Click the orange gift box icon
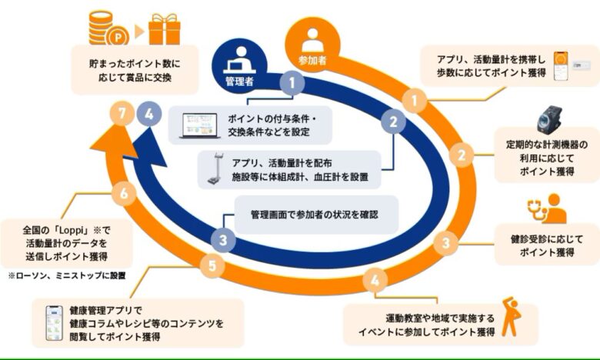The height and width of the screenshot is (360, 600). (164, 29)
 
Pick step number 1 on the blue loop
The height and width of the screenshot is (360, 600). (292, 83)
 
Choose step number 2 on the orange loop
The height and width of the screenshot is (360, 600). (462, 155)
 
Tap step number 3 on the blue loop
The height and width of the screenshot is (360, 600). (223, 240)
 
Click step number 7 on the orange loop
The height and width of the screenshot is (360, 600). (122, 114)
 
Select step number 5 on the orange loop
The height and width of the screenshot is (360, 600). (212, 265)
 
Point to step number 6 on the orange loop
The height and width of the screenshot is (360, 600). (124, 193)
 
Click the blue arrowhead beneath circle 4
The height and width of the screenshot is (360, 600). (149, 147)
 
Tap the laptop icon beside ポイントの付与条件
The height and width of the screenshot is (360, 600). (199, 126)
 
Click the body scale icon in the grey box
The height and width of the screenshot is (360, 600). (215, 168)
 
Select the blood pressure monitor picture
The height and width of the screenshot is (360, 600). (550, 118)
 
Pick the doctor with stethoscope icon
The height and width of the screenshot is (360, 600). (547, 208)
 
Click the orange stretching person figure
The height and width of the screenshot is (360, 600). (512, 316)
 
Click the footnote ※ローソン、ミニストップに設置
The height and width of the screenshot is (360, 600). (67, 275)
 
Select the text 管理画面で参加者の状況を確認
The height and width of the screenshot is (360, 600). (315, 215)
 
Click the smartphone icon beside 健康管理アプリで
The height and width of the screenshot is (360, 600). (55, 323)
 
